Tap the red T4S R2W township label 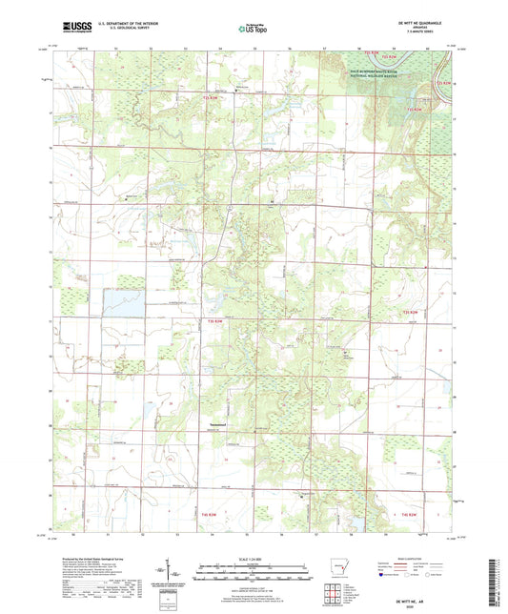[x=408, y=514]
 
